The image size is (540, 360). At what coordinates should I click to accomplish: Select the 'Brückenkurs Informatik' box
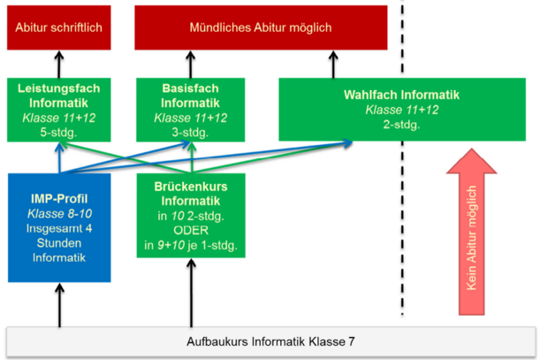[191, 215]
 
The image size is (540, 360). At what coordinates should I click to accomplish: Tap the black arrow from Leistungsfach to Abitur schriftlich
[60, 64]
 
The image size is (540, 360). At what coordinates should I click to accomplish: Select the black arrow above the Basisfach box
[190, 64]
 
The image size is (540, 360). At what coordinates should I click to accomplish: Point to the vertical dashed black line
[403, 177]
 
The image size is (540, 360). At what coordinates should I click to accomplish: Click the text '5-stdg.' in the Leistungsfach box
[60, 132]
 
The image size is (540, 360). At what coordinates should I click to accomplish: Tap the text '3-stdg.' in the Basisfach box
[191, 132]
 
